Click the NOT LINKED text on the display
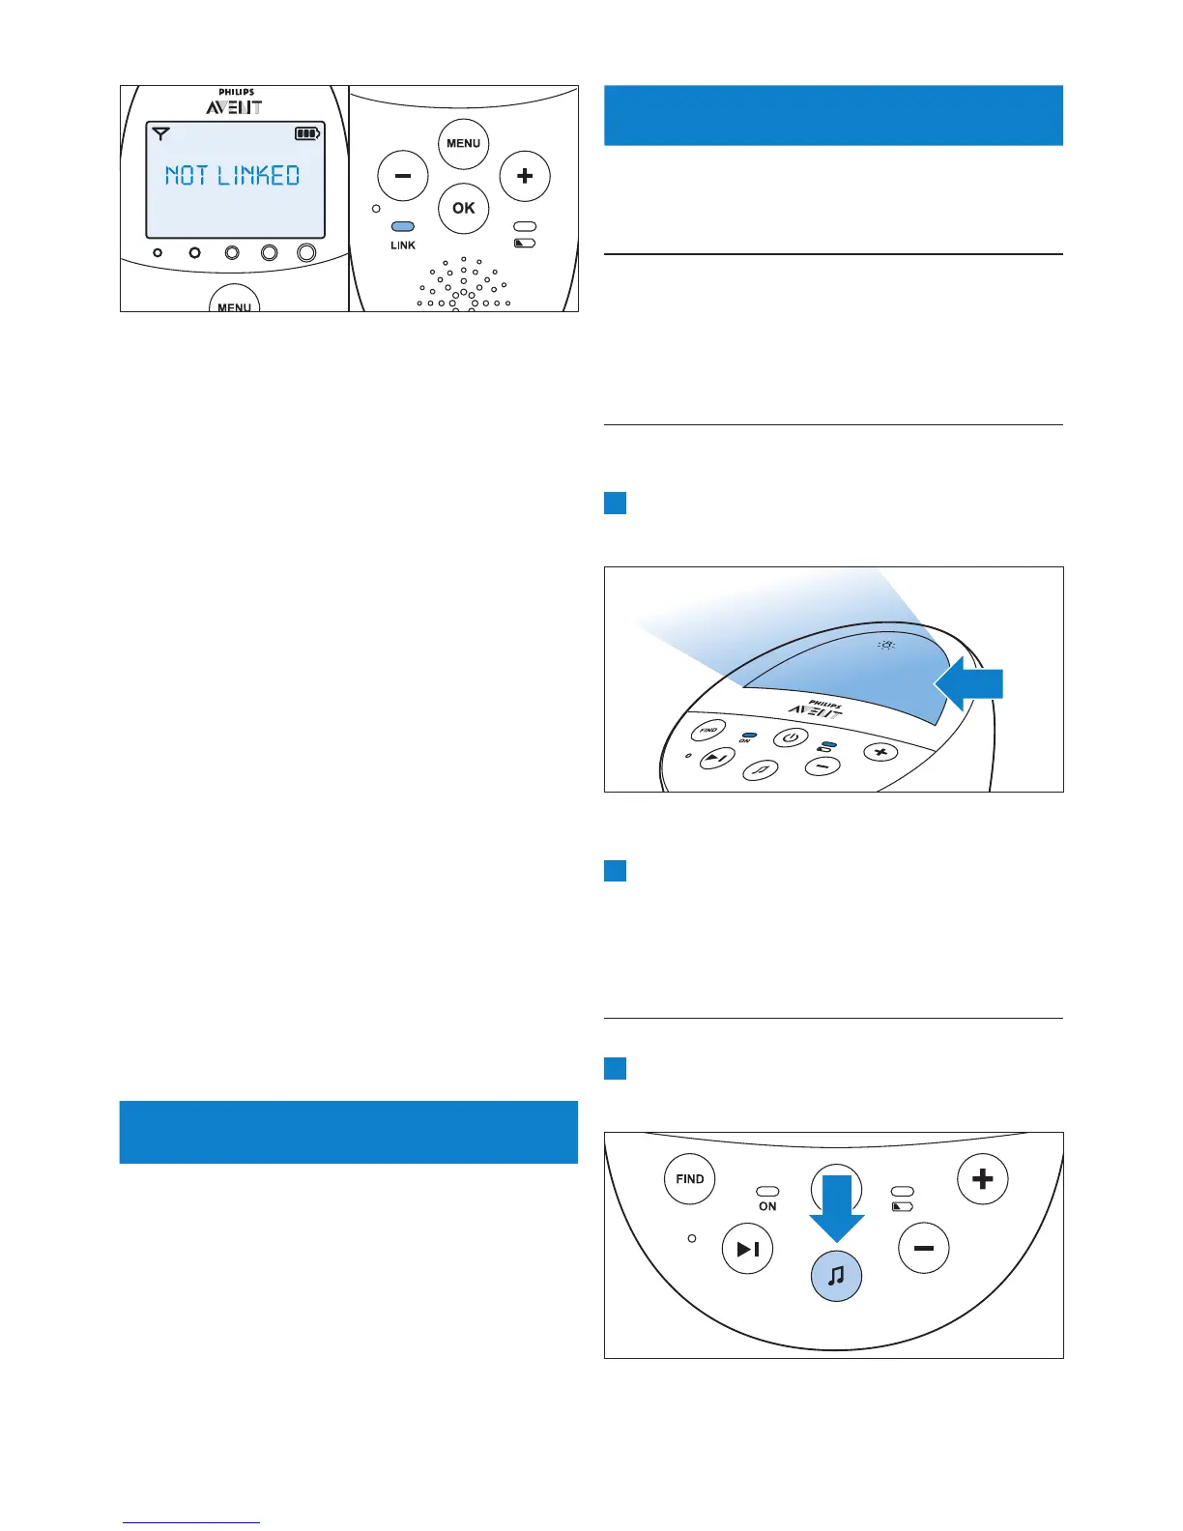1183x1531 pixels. coord(232,175)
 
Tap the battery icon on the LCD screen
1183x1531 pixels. coord(307,133)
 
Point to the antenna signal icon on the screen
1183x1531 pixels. coord(161,133)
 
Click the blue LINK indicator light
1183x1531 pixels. coord(402,227)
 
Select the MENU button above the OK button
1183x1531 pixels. coord(464,143)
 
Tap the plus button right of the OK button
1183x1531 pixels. coord(525,177)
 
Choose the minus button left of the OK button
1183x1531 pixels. coord(402,177)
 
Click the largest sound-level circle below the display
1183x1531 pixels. coord(306,252)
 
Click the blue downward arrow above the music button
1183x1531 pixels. coord(836,1209)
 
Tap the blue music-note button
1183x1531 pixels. coord(836,1276)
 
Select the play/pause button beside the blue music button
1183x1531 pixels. coord(748,1249)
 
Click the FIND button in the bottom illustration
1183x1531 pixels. coord(690,1179)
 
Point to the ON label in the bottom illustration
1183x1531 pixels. coord(767,1206)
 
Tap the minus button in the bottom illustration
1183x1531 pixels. coord(924,1249)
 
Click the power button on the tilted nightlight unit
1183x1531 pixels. coord(790,737)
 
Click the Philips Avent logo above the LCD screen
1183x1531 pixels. coord(234,102)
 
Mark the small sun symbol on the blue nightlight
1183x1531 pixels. coord(885,646)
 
